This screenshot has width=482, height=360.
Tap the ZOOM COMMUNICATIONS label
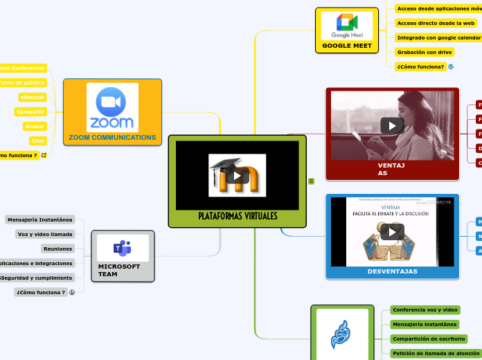(x=112, y=138)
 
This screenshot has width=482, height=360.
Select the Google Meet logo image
(x=346, y=26)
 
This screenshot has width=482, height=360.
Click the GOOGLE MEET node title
(x=346, y=46)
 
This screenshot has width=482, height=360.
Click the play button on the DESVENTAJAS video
(x=392, y=232)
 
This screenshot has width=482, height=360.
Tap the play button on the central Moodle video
(x=238, y=175)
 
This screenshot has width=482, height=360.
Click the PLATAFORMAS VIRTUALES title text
(x=238, y=216)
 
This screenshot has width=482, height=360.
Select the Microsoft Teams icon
(x=123, y=247)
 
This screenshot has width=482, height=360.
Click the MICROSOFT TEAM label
(x=118, y=270)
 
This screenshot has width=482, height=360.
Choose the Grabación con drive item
(x=425, y=52)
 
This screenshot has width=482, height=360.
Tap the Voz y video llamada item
(x=45, y=234)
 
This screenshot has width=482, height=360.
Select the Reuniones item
(x=57, y=249)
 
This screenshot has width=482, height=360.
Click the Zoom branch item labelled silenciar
(x=33, y=97)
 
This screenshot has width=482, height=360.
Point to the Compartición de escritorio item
(x=428, y=339)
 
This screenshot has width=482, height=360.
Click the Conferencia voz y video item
(x=425, y=309)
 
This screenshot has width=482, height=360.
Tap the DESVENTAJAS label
(x=392, y=271)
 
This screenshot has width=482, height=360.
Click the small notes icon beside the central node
(x=312, y=181)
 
